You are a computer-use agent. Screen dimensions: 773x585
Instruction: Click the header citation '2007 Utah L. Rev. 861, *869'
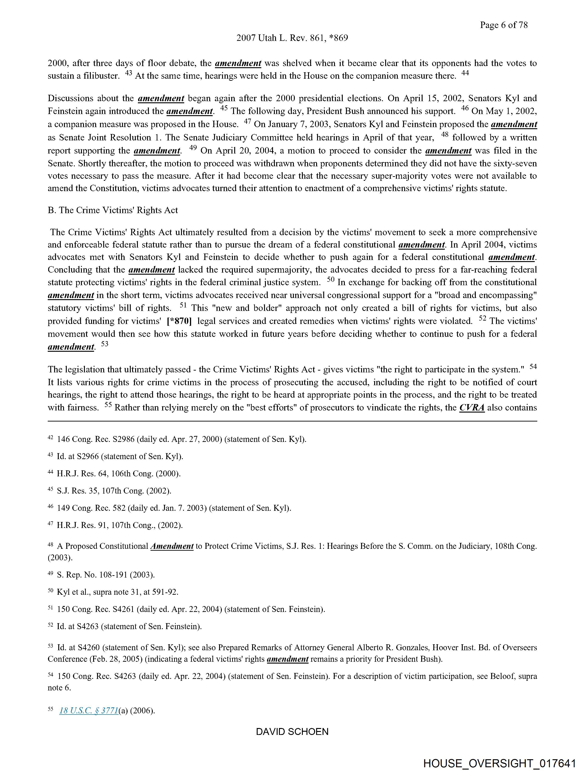292,38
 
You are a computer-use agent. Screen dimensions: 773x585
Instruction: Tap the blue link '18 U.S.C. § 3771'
89,710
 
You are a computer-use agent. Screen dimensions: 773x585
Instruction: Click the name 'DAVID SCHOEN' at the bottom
292,732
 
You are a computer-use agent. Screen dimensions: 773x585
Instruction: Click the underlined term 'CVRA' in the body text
472,408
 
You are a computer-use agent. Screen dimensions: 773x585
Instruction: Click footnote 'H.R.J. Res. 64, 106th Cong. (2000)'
118,474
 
